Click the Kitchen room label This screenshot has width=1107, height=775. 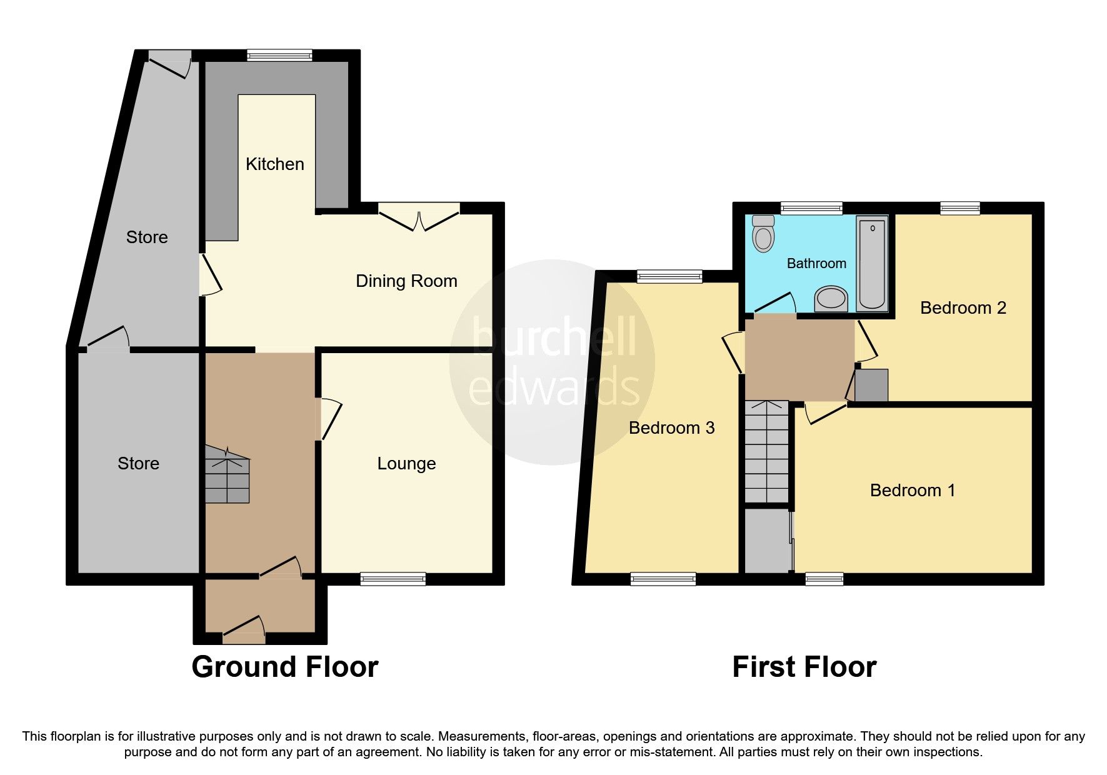pos(274,164)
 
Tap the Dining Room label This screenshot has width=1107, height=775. pos(406,281)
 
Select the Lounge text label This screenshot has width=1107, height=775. pos(406,464)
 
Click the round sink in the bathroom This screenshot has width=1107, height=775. pos(831,299)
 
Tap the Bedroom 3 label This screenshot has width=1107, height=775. pos(671,428)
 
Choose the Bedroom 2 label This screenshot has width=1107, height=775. pos(963,308)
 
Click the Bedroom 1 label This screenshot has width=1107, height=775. pos(912,491)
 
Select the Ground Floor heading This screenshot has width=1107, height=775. pos(284,667)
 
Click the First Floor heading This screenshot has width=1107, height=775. pos(804,667)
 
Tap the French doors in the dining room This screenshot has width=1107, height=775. pos(419,216)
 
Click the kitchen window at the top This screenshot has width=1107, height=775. pos(279,56)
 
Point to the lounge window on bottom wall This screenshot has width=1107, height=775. pos(393,579)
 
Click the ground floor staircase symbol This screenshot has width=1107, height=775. pos(227,475)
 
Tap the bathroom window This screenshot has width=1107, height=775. pos(811,208)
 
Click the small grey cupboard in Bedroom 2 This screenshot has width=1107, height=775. pos(871,385)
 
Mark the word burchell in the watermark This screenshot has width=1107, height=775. pos(554,338)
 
